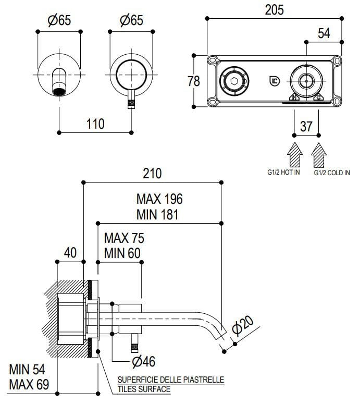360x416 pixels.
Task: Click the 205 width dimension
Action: (x=274, y=10)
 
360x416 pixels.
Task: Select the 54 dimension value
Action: (x=324, y=33)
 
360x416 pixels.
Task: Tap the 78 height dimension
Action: (x=194, y=81)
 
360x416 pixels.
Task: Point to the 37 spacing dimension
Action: (x=306, y=127)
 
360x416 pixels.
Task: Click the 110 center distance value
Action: (x=95, y=124)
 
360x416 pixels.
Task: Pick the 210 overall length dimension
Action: (x=152, y=173)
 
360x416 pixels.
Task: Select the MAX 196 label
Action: (x=159, y=199)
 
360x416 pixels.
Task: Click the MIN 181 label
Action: (x=158, y=214)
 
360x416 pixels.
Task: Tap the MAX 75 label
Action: (x=124, y=238)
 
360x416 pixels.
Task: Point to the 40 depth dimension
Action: (x=70, y=252)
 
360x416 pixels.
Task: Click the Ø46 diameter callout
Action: (x=144, y=361)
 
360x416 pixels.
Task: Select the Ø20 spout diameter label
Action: (x=242, y=327)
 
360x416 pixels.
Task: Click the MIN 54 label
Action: (x=27, y=370)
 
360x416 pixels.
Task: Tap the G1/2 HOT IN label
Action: (x=283, y=172)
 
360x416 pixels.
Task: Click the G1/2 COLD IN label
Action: (x=332, y=173)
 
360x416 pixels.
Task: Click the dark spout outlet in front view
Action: (x=61, y=92)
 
